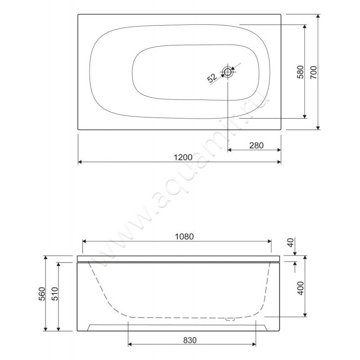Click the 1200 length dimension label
(x=183, y=157)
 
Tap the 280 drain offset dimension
(x=256, y=145)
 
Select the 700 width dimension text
(x=313, y=72)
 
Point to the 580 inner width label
(x=300, y=72)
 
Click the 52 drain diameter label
(x=211, y=78)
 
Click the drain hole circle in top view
(x=228, y=72)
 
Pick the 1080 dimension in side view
(x=184, y=237)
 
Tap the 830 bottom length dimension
(x=190, y=340)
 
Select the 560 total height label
(x=42, y=294)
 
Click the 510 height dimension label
(x=55, y=294)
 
